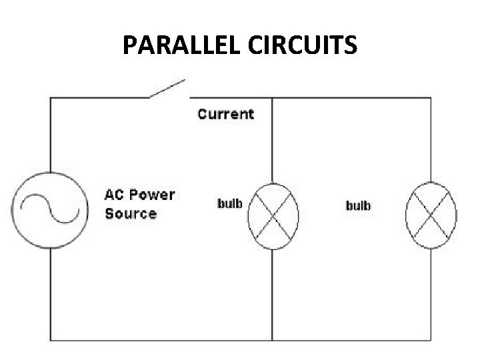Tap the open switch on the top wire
point(167,89)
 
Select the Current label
point(225,114)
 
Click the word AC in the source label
point(114,195)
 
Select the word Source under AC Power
point(131,214)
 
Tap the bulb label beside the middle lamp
point(230,203)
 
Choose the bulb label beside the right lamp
point(358,205)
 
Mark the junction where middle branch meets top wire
point(272,99)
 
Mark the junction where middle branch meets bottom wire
point(272,340)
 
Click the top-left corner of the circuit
point(51,99)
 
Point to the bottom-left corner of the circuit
point(51,340)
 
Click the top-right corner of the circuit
point(431,99)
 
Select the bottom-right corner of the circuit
point(431,340)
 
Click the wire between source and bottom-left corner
point(51,293)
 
